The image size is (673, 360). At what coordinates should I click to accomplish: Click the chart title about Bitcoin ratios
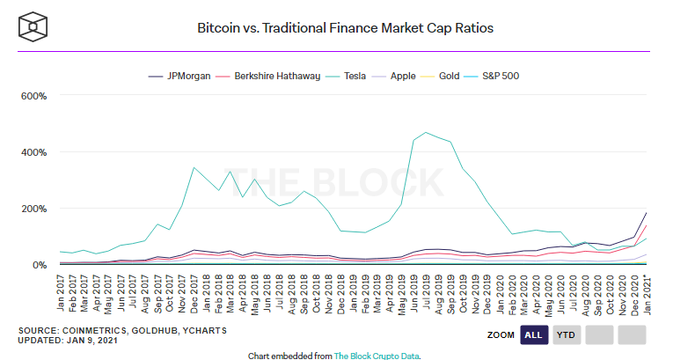(345, 27)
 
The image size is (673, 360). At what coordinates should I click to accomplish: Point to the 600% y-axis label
(33, 96)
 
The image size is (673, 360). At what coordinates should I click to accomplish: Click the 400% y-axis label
(33, 152)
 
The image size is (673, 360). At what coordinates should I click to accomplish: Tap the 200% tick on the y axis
(33, 209)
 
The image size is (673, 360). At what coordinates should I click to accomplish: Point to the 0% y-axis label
(39, 265)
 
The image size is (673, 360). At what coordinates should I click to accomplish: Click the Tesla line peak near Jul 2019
(427, 133)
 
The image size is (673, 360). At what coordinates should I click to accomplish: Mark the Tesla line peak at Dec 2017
(194, 167)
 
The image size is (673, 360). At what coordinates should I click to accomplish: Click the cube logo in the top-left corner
(33, 26)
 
